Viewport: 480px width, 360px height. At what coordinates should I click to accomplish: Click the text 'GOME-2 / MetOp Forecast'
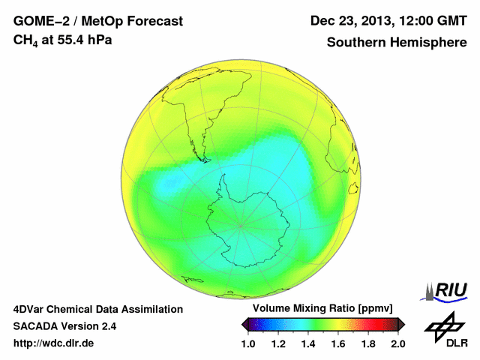click(x=97, y=21)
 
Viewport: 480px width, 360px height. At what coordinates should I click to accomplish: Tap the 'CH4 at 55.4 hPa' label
click(x=63, y=40)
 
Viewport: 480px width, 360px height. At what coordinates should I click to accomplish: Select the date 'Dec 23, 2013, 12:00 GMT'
click(x=388, y=21)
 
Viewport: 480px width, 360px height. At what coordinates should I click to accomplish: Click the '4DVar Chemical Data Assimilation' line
click(x=97, y=309)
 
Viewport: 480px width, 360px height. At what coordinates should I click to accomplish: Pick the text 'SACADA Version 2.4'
click(x=64, y=326)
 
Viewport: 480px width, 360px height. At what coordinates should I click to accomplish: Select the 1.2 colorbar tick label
click(x=278, y=343)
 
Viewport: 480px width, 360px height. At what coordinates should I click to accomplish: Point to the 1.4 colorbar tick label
click(x=308, y=343)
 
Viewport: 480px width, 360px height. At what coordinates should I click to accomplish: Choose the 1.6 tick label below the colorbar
click(x=338, y=343)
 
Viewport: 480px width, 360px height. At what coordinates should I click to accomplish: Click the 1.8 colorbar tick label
click(x=368, y=343)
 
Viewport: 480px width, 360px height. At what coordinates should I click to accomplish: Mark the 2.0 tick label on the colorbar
click(x=397, y=343)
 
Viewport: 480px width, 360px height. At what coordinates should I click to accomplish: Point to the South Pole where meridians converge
click(x=241, y=224)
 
